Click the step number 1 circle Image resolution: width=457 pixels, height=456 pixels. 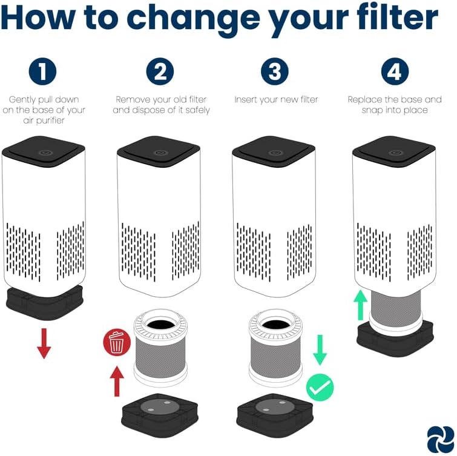[42, 71]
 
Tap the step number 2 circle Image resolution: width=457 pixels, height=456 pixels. [160, 71]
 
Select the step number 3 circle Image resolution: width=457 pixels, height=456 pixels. [275, 71]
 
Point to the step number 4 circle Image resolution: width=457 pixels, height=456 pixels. [395, 71]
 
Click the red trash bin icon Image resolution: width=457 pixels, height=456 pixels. [117, 342]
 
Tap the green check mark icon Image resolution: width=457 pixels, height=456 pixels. [320, 388]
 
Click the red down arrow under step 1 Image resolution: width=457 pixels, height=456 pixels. [44, 343]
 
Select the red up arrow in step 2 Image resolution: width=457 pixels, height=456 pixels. [117, 382]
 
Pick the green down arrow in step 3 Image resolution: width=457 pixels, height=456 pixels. [320, 350]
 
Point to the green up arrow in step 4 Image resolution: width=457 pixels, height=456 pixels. [361, 305]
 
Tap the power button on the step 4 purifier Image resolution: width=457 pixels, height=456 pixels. [395, 153]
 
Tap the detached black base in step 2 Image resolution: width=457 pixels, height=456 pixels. [160, 415]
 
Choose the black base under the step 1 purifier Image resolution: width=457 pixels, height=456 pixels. [45, 302]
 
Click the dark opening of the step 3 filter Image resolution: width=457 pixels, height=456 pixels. [275, 324]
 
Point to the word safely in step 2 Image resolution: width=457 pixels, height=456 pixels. [197, 110]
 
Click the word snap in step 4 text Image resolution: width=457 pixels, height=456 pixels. [371, 110]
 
